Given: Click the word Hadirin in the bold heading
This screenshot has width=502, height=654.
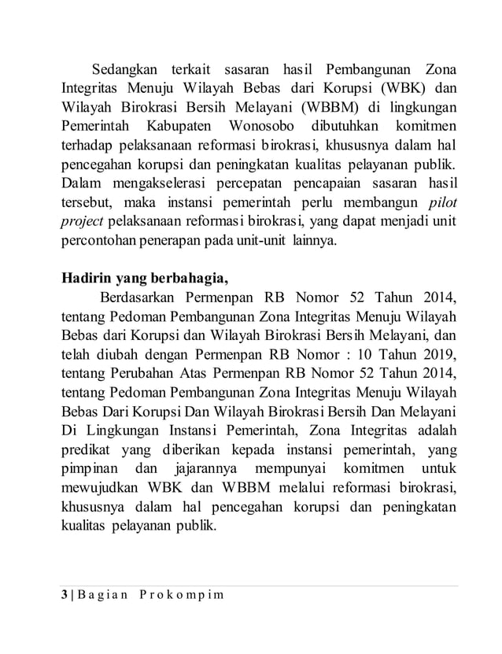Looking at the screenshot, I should click(89, 280).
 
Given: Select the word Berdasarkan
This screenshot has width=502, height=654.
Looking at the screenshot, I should click(140, 300).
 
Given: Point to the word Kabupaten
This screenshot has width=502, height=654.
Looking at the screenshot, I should click(176, 127).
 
